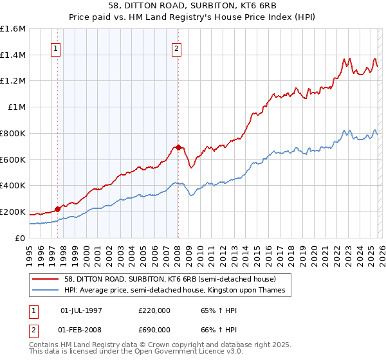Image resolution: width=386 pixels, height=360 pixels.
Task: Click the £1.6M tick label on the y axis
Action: (x=13, y=29)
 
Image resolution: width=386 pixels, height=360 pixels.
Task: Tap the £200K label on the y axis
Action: (x=13, y=212)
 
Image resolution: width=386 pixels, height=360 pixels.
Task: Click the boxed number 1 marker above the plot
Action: (x=55, y=48)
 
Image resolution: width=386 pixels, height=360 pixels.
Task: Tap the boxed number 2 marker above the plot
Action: (x=176, y=48)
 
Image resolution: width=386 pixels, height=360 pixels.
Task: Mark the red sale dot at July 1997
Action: (x=58, y=208)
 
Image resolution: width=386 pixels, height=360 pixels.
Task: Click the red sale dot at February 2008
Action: (x=178, y=147)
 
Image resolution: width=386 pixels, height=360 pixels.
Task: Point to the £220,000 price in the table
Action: (x=154, y=311)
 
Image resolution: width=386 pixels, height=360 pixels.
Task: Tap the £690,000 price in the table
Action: (x=154, y=329)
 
